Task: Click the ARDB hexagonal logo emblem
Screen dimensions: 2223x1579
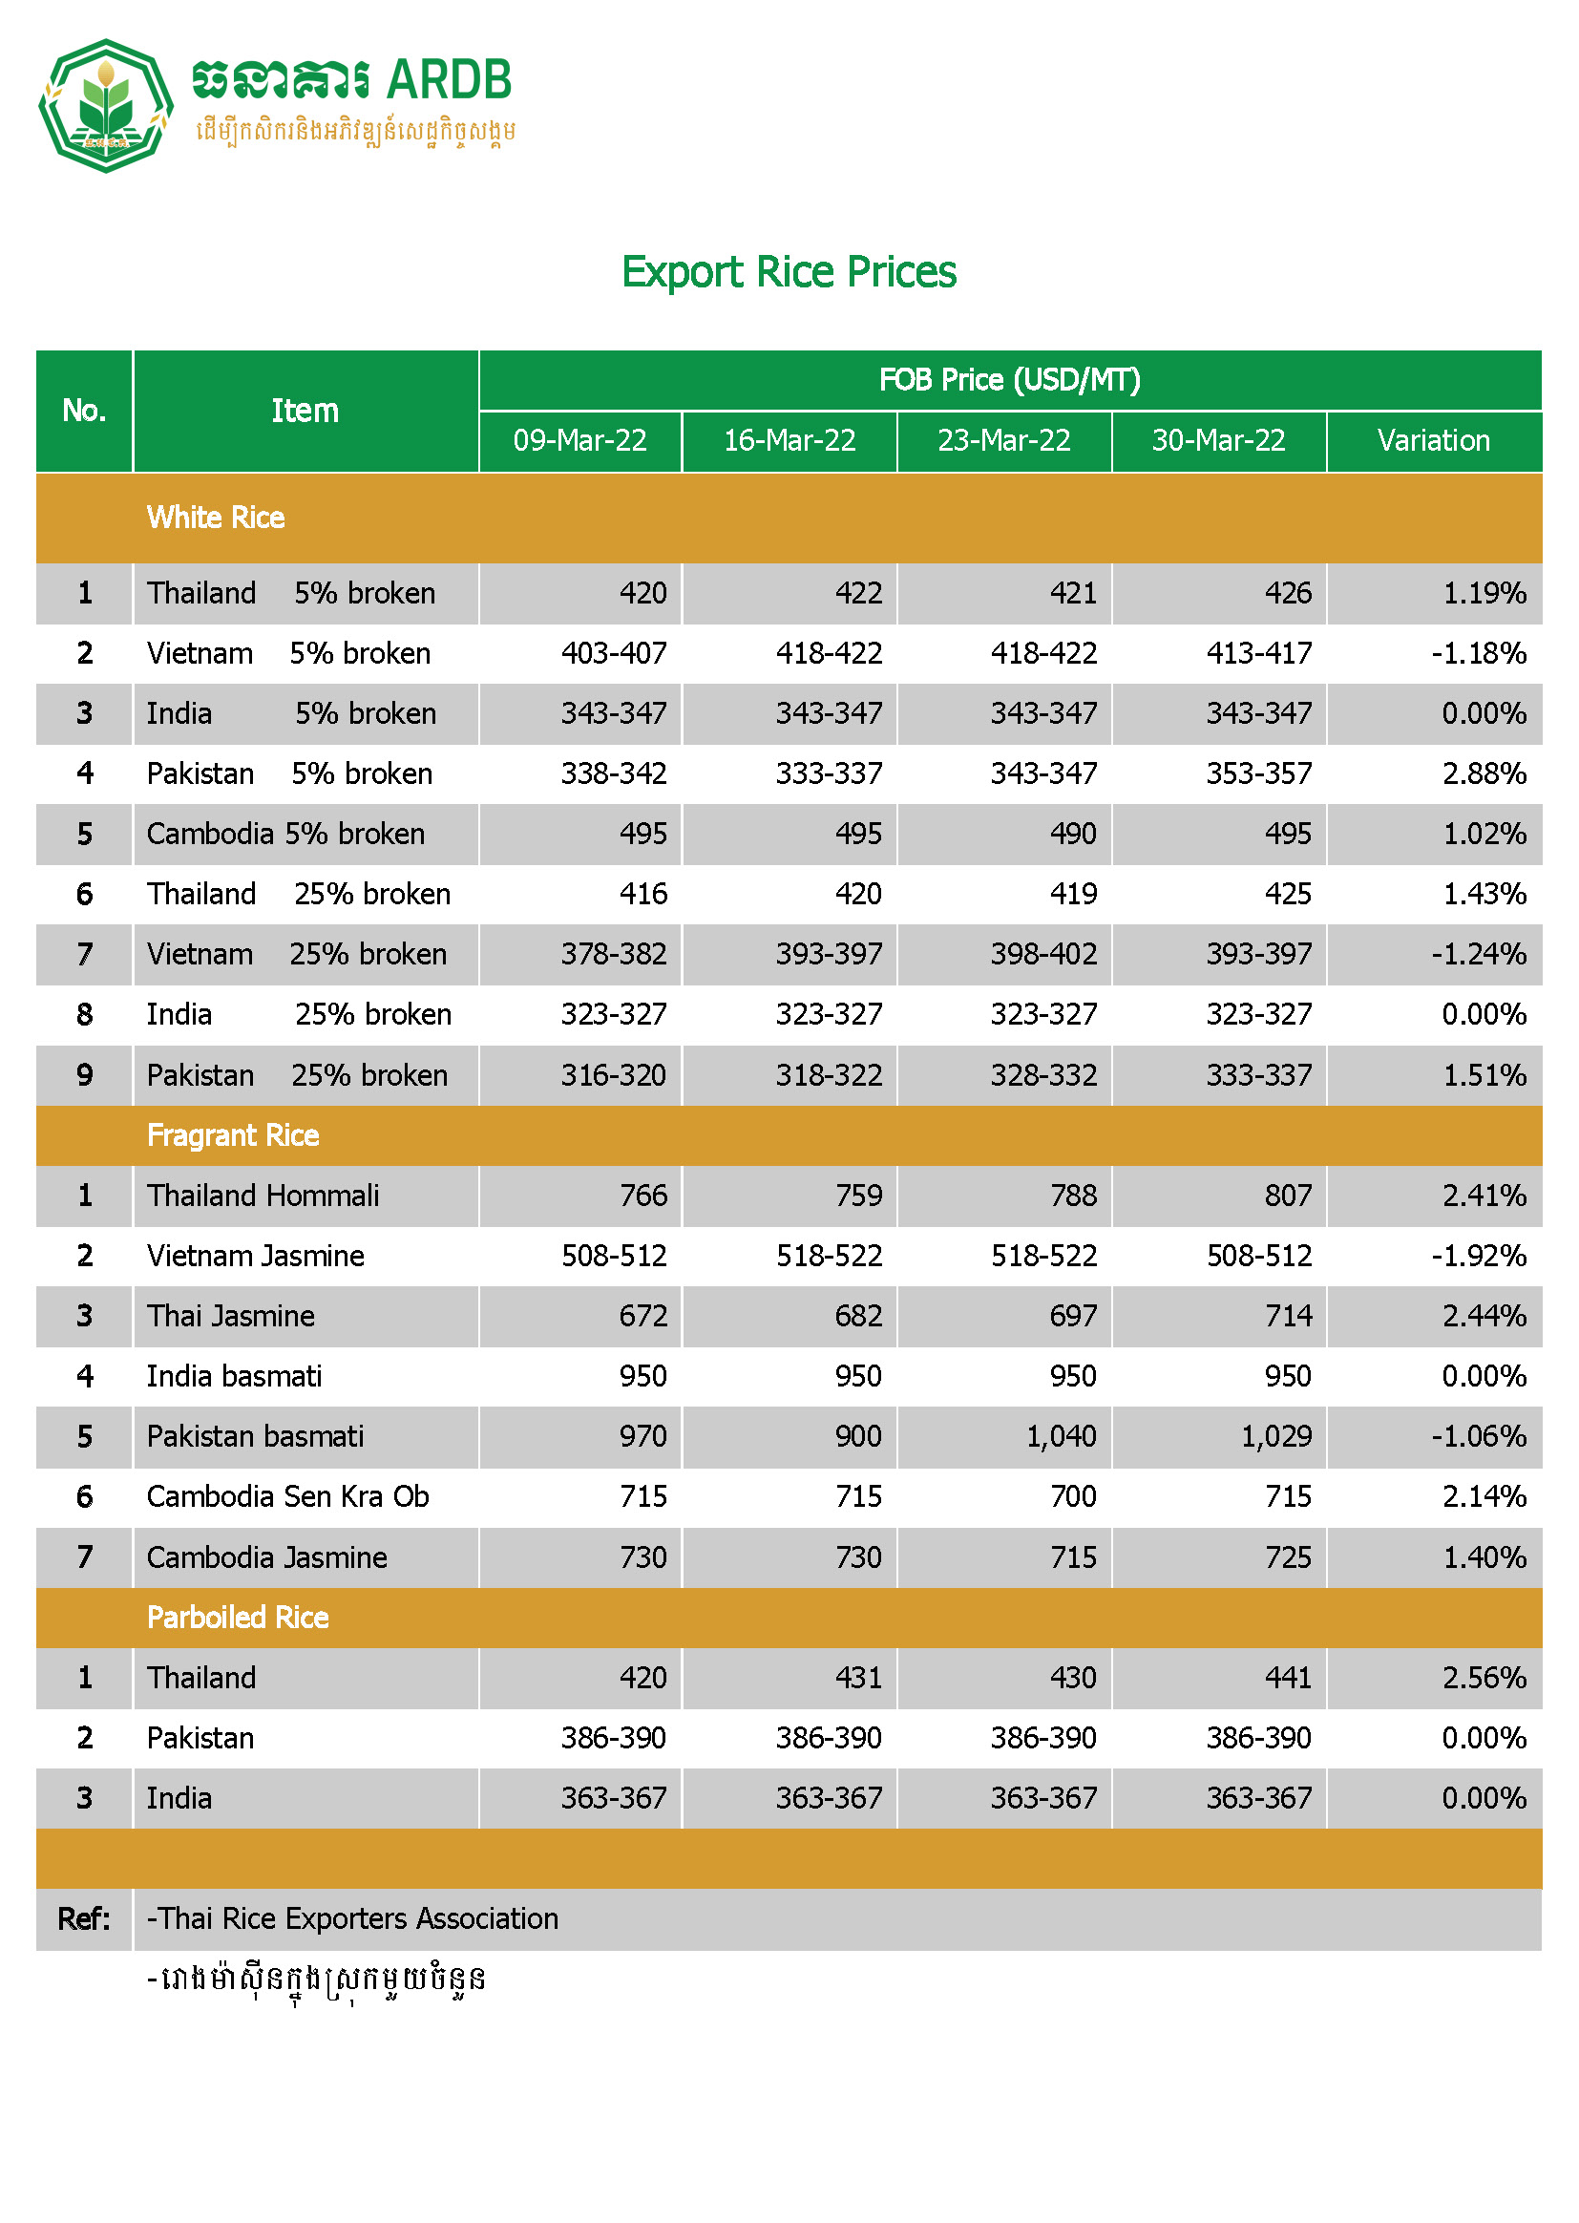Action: [x=105, y=105]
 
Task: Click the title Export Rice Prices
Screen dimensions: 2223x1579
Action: [x=789, y=272]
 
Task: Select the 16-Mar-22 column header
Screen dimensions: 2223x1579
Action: [x=789, y=440]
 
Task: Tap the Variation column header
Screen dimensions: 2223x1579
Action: [x=1433, y=440]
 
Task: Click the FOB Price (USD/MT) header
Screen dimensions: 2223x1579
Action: [x=1009, y=379]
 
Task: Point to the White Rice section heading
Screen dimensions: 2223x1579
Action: [x=216, y=518]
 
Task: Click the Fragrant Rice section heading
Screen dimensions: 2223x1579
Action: [x=233, y=1134]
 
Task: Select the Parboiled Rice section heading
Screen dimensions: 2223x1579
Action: [x=239, y=1617]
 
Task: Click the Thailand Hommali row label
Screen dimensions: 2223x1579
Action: [x=263, y=1196]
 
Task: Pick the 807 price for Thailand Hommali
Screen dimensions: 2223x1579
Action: [x=1287, y=1196]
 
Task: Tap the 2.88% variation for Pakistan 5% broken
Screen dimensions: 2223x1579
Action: [x=1484, y=773]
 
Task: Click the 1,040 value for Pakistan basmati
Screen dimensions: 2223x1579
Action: [x=1061, y=1436]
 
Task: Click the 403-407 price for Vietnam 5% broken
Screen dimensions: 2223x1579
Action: [x=614, y=653]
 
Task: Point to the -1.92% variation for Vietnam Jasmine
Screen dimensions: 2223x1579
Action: [x=1478, y=1256]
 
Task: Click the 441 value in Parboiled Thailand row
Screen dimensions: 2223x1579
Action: [x=1287, y=1678]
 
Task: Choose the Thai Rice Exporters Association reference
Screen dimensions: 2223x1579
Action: [x=353, y=1918]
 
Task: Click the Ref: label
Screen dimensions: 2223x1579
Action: [x=84, y=1918]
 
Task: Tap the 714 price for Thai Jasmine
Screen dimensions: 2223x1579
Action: [x=1287, y=1316]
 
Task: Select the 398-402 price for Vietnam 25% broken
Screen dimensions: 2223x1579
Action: [x=1043, y=954]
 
